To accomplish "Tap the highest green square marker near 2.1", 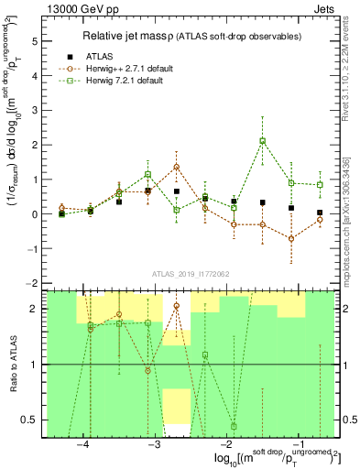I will coord(263,141).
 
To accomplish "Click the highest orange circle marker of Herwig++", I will coord(176,167).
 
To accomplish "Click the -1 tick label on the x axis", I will coord(299,443).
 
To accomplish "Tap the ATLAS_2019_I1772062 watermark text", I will coord(191,273).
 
